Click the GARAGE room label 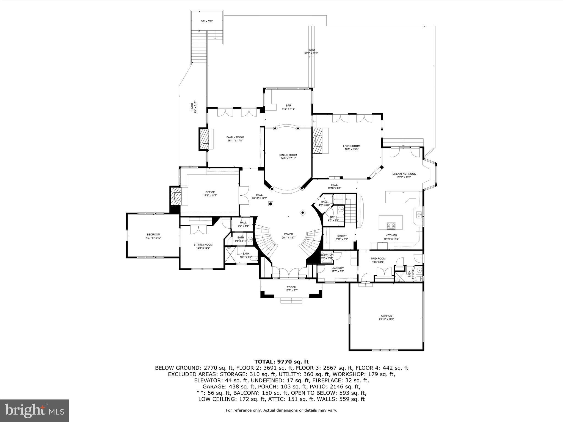(x=386, y=316)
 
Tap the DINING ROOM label (x=288, y=155)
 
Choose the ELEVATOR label (x=327, y=255)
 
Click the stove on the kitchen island (x=391, y=226)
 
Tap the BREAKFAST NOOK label (x=404, y=174)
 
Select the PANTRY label (x=342, y=236)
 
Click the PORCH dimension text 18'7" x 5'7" (x=291, y=290)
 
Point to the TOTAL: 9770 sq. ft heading (x=281, y=362)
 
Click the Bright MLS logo (x=34, y=410)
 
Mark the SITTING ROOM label (x=203, y=245)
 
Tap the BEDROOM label (x=153, y=234)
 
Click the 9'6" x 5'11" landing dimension (x=207, y=21)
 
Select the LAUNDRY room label (x=337, y=268)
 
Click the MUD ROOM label (x=378, y=259)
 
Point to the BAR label (x=288, y=105)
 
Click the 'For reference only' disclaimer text (x=281, y=410)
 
